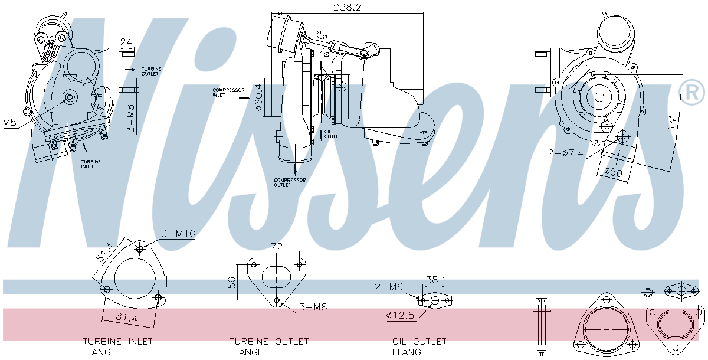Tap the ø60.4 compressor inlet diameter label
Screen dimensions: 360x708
coord(258,97)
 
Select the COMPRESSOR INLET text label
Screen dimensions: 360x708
coord(229,92)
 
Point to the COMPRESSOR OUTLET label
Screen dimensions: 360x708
coord(290,182)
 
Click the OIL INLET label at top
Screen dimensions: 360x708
coord(322,34)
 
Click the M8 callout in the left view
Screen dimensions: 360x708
coord(9,122)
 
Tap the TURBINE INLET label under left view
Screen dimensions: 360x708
coord(91,163)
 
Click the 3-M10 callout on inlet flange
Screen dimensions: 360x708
coord(178,234)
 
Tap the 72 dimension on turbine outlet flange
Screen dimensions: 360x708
coord(277,246)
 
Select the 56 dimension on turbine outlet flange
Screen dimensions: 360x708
coord(231,283)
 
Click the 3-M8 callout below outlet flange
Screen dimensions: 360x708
coord(313,307)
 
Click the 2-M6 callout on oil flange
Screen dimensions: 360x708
coord(389,287)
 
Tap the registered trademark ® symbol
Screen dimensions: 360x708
coord(693,92)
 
